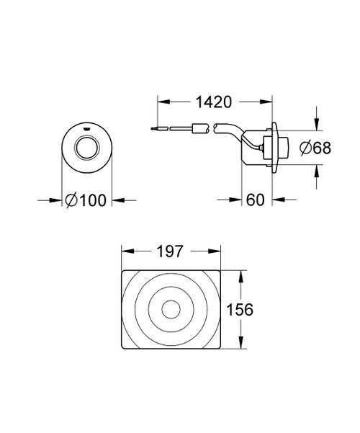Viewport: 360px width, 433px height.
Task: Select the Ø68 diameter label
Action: pos(314,147)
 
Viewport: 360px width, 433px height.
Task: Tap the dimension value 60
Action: pos(256,200)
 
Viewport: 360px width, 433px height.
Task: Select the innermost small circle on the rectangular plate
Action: pos(171,310)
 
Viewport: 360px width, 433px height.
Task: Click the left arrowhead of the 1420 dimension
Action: pos(160,102)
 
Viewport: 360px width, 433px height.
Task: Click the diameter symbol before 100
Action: pos(71,201)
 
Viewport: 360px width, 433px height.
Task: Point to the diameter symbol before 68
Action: pos(304,147)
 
